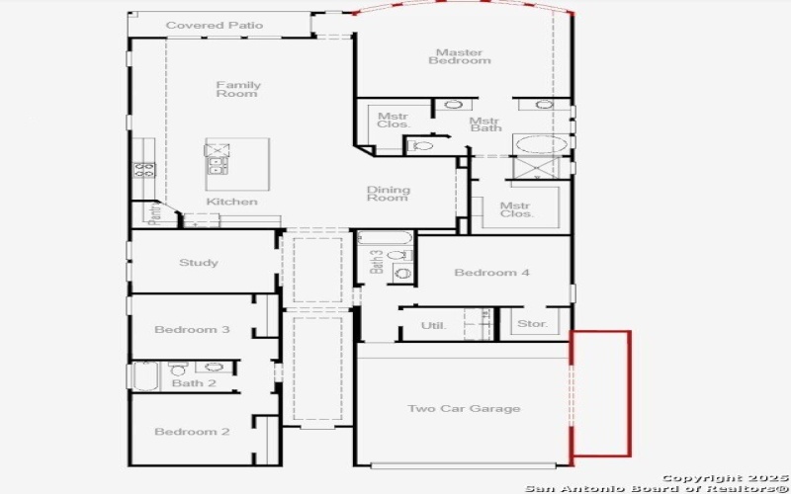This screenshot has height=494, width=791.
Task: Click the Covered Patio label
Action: [x=215, y=26]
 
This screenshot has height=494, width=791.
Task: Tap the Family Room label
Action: [x=238, y=89]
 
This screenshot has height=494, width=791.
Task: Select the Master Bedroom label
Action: [x=459, y=56]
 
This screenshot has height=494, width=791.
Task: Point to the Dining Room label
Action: [x=388, y=194]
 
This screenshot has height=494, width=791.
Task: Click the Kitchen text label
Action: [x=231, y=203]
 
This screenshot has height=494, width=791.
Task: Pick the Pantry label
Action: [x=154, y=214]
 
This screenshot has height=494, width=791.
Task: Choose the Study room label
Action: [x=199, y=263]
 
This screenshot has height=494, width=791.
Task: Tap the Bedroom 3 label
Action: [x=193, y=329]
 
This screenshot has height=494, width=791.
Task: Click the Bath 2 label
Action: [x=194, y=383]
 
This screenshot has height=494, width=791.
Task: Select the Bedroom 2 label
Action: [x=193, y=432]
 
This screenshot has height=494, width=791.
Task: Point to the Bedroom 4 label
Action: [x=491, y=273]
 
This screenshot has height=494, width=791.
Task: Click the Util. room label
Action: [x=433, y=325]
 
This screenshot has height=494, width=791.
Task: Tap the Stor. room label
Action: [x=531, y=324]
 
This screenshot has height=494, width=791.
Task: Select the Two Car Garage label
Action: [x=464, y=409]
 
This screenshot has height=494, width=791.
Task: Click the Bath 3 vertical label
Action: [x=377, y=261]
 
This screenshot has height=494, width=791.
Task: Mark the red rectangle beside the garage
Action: [x=601, y=393]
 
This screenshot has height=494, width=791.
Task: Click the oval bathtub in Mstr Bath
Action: [x=541, y=144]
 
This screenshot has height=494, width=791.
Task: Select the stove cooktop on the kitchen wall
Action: [x=143, y=169]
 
